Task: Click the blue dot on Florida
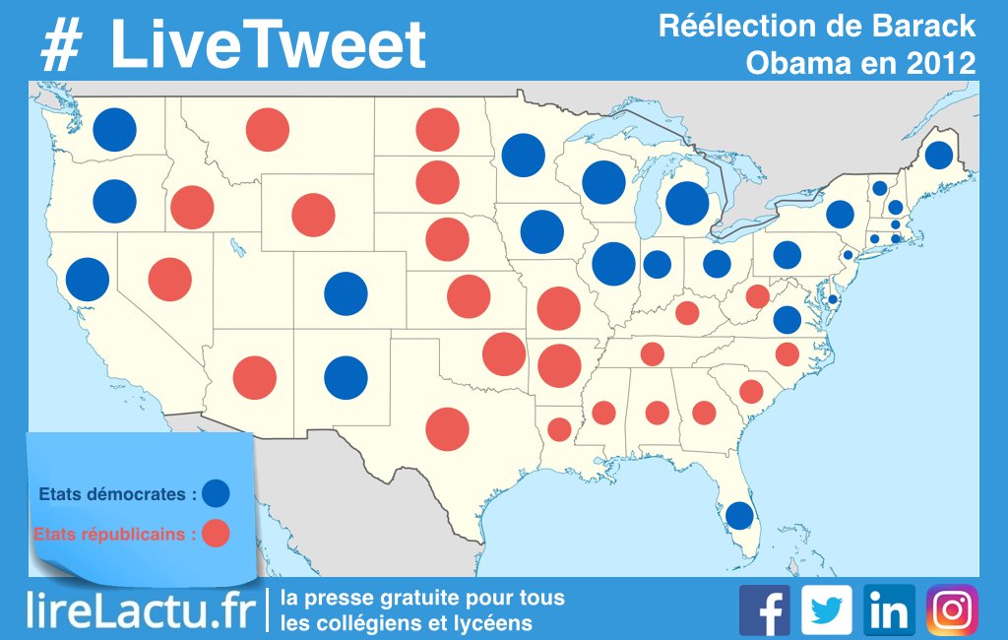(738, 514)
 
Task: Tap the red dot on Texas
(448, 428)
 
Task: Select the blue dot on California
(88, 280)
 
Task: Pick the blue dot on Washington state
(114, 130)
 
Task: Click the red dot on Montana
(267, 130)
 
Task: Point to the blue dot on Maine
(938, 155)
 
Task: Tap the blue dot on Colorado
(346, 292)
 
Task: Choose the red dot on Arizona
(255, 378)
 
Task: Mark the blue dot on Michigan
(687, 203)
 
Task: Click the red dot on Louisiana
(559, 429)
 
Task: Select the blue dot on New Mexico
(346, 376)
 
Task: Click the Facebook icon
(764, 610)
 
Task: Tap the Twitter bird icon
(826, 610)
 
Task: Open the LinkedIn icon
(889, 610)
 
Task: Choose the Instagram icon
(952, 610)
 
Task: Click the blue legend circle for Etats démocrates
(216, 492)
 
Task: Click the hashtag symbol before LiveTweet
(63, 45)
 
